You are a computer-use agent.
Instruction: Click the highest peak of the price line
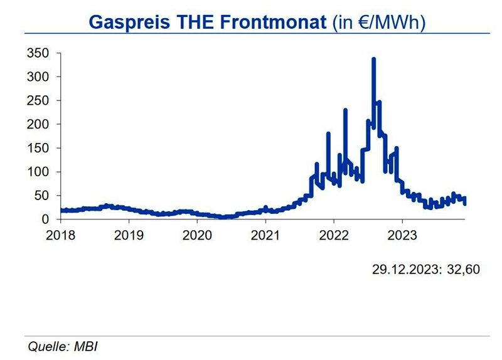coord(373,60)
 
